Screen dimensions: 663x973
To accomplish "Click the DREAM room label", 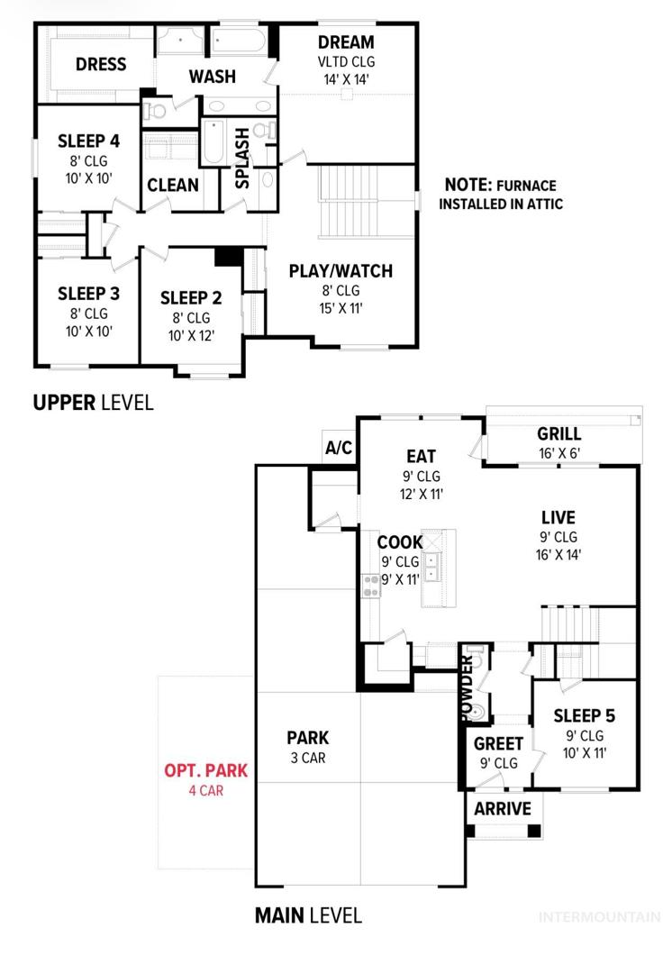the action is coord(346,42).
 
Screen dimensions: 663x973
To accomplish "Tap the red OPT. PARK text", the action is coord(206,770).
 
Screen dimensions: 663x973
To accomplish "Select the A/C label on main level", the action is coord(339,448).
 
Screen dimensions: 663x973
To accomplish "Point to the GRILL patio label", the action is coord(559,433).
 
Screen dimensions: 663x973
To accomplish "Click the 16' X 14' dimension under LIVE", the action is coord(559,555).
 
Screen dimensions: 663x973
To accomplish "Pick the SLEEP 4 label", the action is coord(88,141).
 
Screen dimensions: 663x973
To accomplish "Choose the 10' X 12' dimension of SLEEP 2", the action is coord(191,336).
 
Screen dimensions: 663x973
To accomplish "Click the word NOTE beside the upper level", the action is coord(468,185).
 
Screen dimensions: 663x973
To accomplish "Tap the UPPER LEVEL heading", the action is coord(93,403).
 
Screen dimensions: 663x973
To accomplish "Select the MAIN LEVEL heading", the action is coord(308,915).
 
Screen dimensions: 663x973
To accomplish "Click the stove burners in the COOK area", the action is coord(371,586).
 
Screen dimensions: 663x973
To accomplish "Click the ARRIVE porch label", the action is coord(503,808).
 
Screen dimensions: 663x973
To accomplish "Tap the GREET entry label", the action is coord(499,743).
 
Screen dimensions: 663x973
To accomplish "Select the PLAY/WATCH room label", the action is coord(341,271).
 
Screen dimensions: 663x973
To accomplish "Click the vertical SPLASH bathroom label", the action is coord(242,159).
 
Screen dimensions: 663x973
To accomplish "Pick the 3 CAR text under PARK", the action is coord(308,758).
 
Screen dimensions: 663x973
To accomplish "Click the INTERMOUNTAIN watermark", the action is coord(600,916).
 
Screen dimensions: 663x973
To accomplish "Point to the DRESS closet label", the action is coord(101,64).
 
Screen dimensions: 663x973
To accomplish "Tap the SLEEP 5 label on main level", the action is coord(585,715).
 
